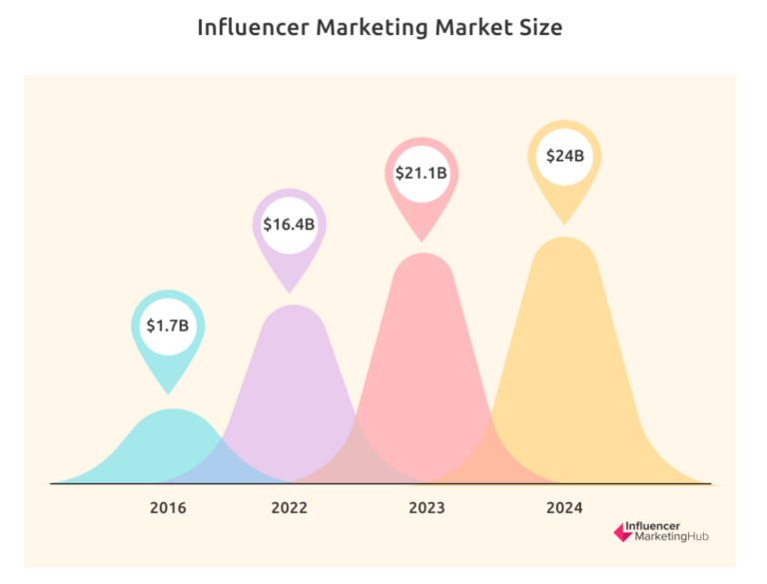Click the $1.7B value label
[x=168, y=325]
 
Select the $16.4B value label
[x=289, y=225]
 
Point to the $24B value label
[x=564, y=156]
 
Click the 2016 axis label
[x=168, y=508]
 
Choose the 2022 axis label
[x=290, y=508]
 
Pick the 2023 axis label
[x=426, y=508]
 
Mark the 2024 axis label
[x=564, y=508]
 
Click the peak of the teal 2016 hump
[x=173, y=410]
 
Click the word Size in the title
[x=540, y=27]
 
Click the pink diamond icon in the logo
[x=624, y=534]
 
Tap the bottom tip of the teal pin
[x=168, y=392]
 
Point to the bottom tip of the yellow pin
[x=564, y=224]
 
